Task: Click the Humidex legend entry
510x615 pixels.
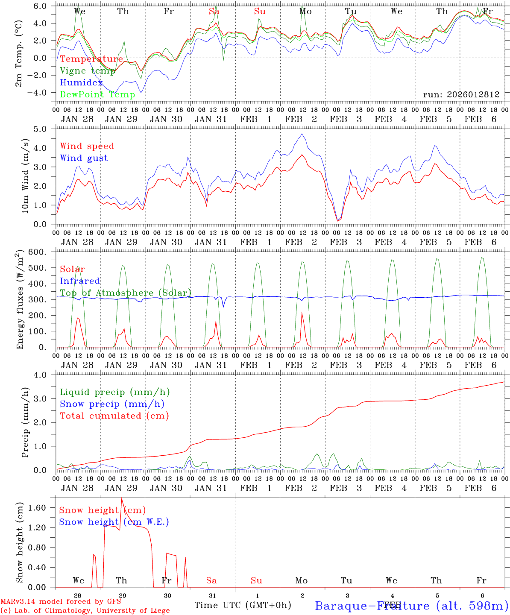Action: coord(82,83)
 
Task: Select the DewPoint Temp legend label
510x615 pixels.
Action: coord(97,95)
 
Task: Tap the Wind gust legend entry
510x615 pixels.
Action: coord(84,158)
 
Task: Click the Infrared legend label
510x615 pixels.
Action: coord(80,281)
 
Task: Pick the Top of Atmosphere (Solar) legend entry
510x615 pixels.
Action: coord(126,293)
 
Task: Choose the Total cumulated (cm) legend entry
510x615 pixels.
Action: coord(114,416)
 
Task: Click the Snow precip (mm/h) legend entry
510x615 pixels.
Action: coord(112,404)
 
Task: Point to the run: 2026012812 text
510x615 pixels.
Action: coord(461,94)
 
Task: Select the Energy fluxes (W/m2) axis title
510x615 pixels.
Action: coord(20,300)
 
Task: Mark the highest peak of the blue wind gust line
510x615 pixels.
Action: coord(302,134)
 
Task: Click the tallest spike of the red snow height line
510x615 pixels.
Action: coord(121,498)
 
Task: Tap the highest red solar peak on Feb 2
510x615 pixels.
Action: coord(302,313)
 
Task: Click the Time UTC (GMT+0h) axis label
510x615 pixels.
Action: coord(243,605)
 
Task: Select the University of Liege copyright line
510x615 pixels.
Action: coord(85,610)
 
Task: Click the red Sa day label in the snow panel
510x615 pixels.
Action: coord(211,580)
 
